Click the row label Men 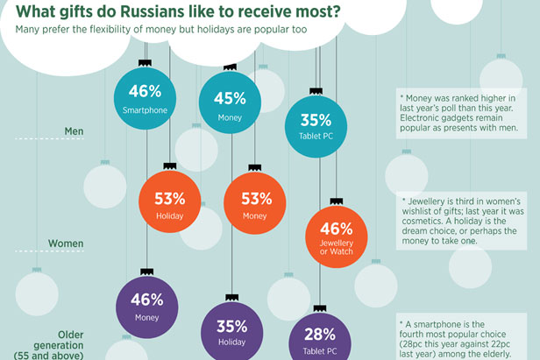tap(75, 132)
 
